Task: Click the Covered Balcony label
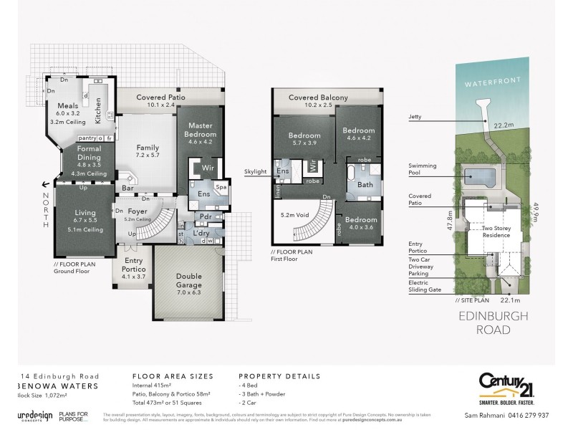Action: [x=318, y=97]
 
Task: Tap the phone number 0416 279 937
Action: [x=530, y=416]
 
